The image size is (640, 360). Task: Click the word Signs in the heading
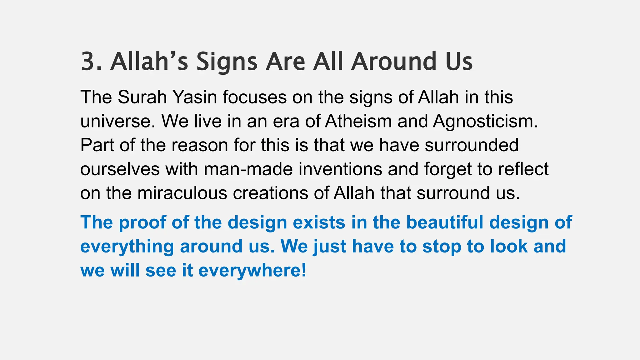point(227,62)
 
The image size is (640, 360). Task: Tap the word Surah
point(142,97)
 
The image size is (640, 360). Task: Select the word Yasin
point(195,97)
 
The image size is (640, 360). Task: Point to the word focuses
point(255,97)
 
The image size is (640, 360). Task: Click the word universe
point(117,121)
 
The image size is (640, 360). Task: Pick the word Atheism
point(358,121)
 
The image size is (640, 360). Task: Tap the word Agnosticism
point(485,122)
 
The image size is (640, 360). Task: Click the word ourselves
point(120,169)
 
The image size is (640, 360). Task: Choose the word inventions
point(340,169)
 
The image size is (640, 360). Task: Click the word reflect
point(523,169)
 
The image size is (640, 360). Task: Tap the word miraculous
point(182,193)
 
